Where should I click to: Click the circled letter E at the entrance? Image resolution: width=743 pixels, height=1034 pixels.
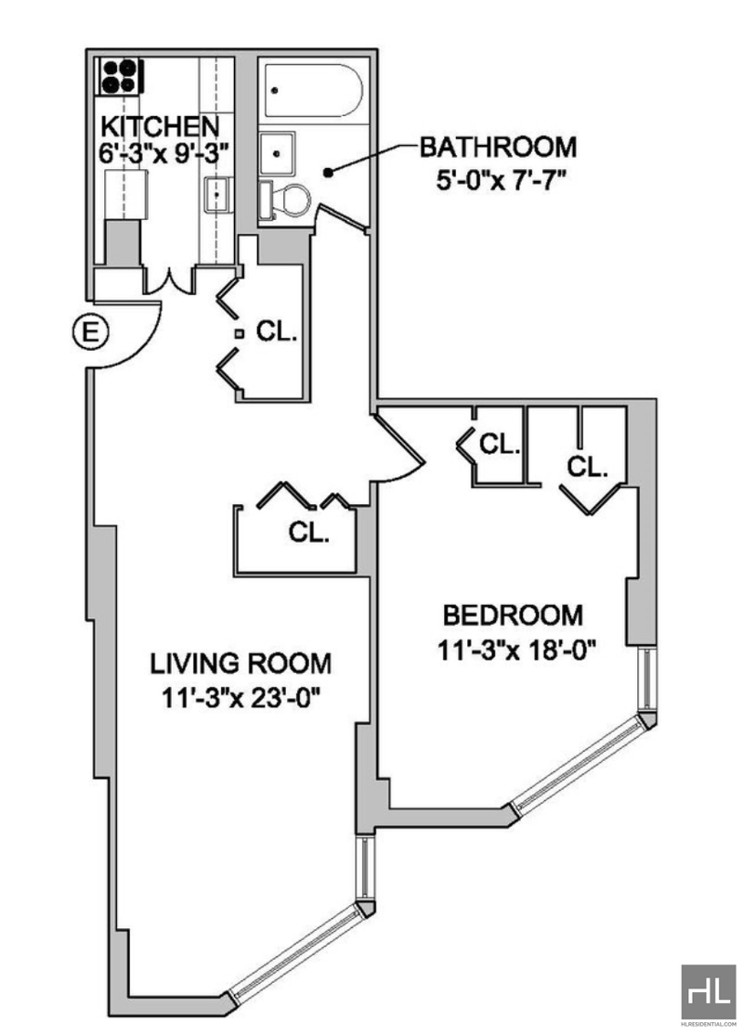[x=90, y=331]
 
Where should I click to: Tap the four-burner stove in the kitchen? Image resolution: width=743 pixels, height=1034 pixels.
[x=121, y=76]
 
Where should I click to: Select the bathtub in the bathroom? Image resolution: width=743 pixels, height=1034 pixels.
[x=311, y=90]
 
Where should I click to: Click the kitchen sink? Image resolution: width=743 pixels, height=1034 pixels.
[x=217, y=195]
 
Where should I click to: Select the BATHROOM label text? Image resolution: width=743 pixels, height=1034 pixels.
[x=498, y=147]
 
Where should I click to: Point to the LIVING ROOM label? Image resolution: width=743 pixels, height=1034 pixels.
[x=241, y=664]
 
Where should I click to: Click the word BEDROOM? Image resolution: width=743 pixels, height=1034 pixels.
[x=513, y=615]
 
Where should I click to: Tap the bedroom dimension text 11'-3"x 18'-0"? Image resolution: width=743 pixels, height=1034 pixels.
[x=516, y=651]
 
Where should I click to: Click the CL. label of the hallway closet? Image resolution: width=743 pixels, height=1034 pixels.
[x=277, y=331]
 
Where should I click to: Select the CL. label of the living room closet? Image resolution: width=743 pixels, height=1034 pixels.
[x=308, y=532]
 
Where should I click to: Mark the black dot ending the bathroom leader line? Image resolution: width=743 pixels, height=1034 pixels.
[x=328, y=173]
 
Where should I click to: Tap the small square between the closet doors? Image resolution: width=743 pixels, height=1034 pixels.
[x=240, y=334]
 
